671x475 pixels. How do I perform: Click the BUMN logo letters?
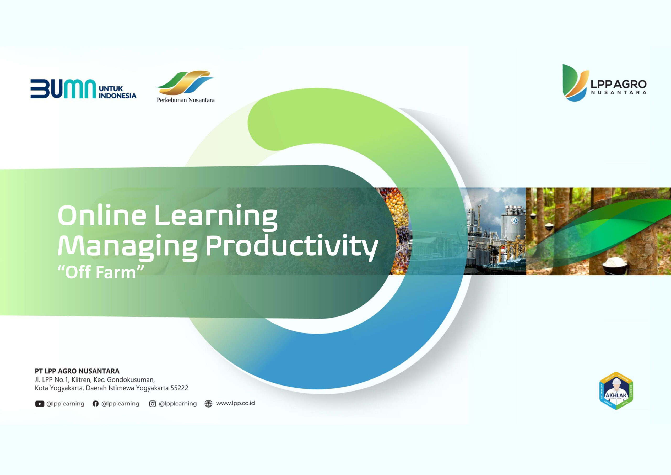click(x=63, y=89)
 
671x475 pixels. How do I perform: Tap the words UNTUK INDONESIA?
click(x=117, y=92)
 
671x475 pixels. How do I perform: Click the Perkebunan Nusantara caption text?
click(x=186, y=100)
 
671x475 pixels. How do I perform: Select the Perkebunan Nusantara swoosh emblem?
click(x=186, y=82)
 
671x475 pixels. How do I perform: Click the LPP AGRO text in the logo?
click(x=618, y=85)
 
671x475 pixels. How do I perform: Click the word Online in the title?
click(x=102, y=216)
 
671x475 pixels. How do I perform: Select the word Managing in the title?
click(x=127, y=247)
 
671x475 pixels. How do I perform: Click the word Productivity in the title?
click(x=291, y=247)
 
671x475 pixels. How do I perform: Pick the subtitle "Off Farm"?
click(x=101, y=272)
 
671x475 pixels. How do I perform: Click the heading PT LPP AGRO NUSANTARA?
click(x=77, y=371)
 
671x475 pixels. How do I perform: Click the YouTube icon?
click(x=40, y=404)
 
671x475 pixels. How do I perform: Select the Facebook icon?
click(x=95, y=404)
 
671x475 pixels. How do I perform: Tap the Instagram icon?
click(x=152, y=404)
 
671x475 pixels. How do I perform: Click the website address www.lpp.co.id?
click(x=235, y=403)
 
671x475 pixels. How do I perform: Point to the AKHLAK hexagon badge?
click(x=616, y=391)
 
